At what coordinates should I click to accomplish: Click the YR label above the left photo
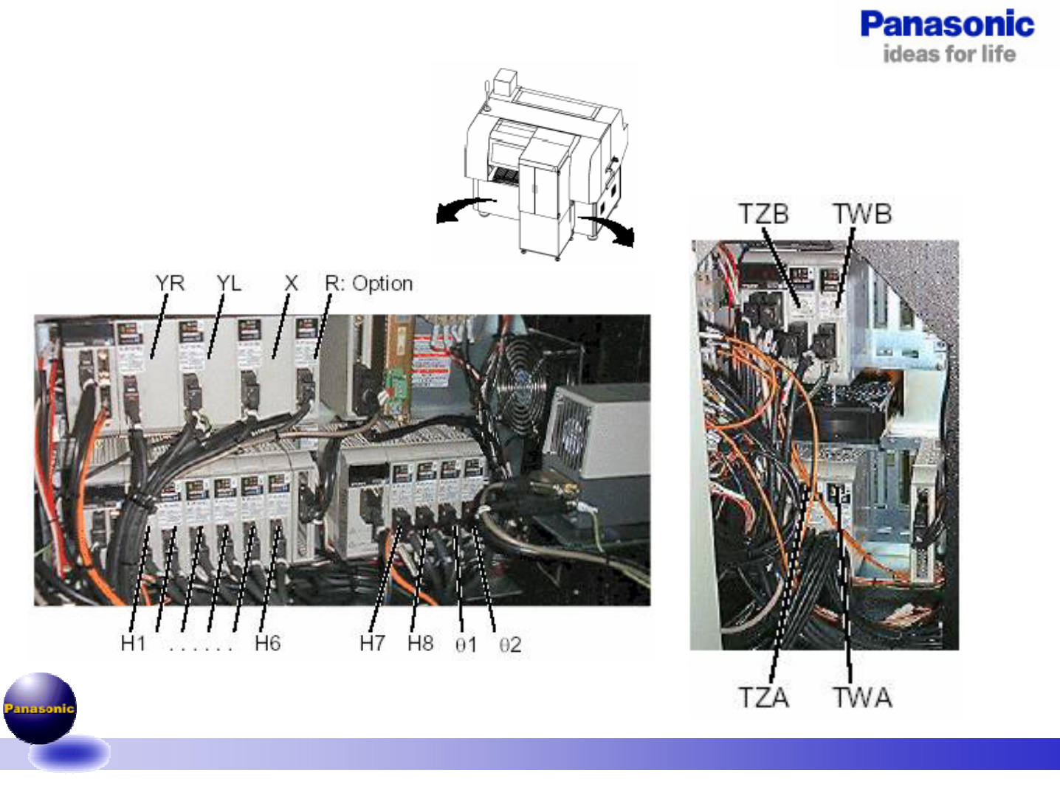click(170, 283)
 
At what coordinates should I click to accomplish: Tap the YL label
click(228, 283)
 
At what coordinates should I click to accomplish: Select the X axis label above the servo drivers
click(291, 283)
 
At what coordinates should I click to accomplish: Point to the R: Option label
click(368, 283)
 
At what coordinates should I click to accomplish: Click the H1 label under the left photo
click(133, 644)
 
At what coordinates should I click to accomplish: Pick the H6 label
click(267, 644)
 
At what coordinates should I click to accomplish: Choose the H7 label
click(372, 644)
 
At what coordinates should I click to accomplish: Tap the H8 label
click(420, 644)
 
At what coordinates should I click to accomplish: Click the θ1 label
click(466, 645)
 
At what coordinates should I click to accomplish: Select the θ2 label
click(510, 645)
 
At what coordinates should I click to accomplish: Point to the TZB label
click(763, 214)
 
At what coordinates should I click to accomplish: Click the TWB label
click(862, 214)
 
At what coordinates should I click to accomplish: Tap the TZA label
click(763, 697)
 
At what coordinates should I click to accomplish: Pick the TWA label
click(862, 697)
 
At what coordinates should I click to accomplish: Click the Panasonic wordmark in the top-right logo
click(947, 24)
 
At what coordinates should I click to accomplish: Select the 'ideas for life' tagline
click(949, 54)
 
